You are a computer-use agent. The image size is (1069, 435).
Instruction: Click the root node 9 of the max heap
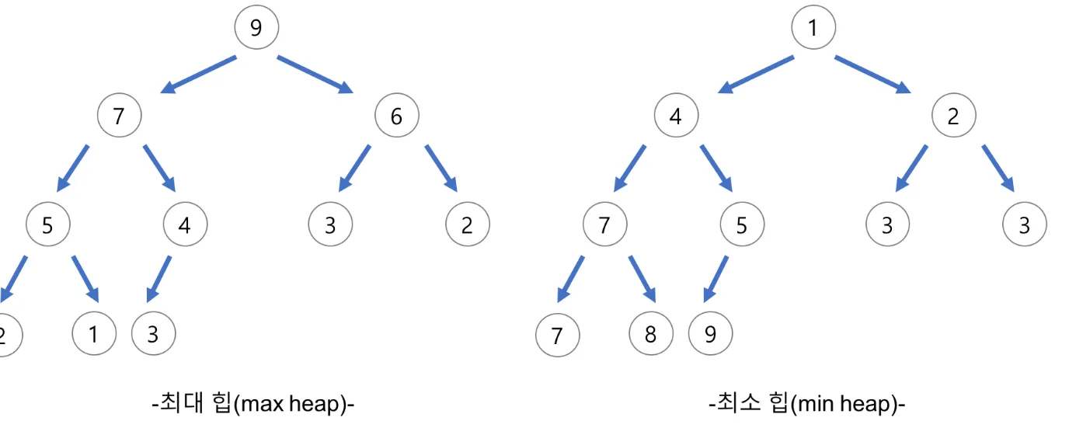256,27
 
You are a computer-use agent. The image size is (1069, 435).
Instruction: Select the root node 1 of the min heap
813,27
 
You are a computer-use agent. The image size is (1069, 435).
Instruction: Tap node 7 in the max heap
120,116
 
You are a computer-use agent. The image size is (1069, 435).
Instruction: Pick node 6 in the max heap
397,116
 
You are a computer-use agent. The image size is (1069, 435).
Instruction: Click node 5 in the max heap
48,224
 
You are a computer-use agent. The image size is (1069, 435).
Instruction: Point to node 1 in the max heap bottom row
94,333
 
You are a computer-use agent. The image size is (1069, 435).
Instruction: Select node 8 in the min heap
651,333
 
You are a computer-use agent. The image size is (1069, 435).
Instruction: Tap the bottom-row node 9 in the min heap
710,333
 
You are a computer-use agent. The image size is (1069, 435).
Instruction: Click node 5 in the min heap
742,224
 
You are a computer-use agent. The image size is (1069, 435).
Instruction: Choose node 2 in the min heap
953,116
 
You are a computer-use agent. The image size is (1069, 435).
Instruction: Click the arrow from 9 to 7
199,75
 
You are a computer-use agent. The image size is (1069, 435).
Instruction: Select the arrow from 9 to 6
315,75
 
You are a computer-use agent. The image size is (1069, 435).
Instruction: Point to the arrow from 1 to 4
756,75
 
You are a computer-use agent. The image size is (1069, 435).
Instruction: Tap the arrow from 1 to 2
872,75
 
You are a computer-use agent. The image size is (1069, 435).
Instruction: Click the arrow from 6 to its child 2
441,169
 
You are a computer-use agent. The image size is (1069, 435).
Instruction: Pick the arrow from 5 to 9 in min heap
716,279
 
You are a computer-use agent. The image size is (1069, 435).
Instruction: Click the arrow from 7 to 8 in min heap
642,279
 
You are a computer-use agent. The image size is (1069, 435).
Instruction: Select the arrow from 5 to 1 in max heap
85,279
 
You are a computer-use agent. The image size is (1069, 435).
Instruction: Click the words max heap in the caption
293,405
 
